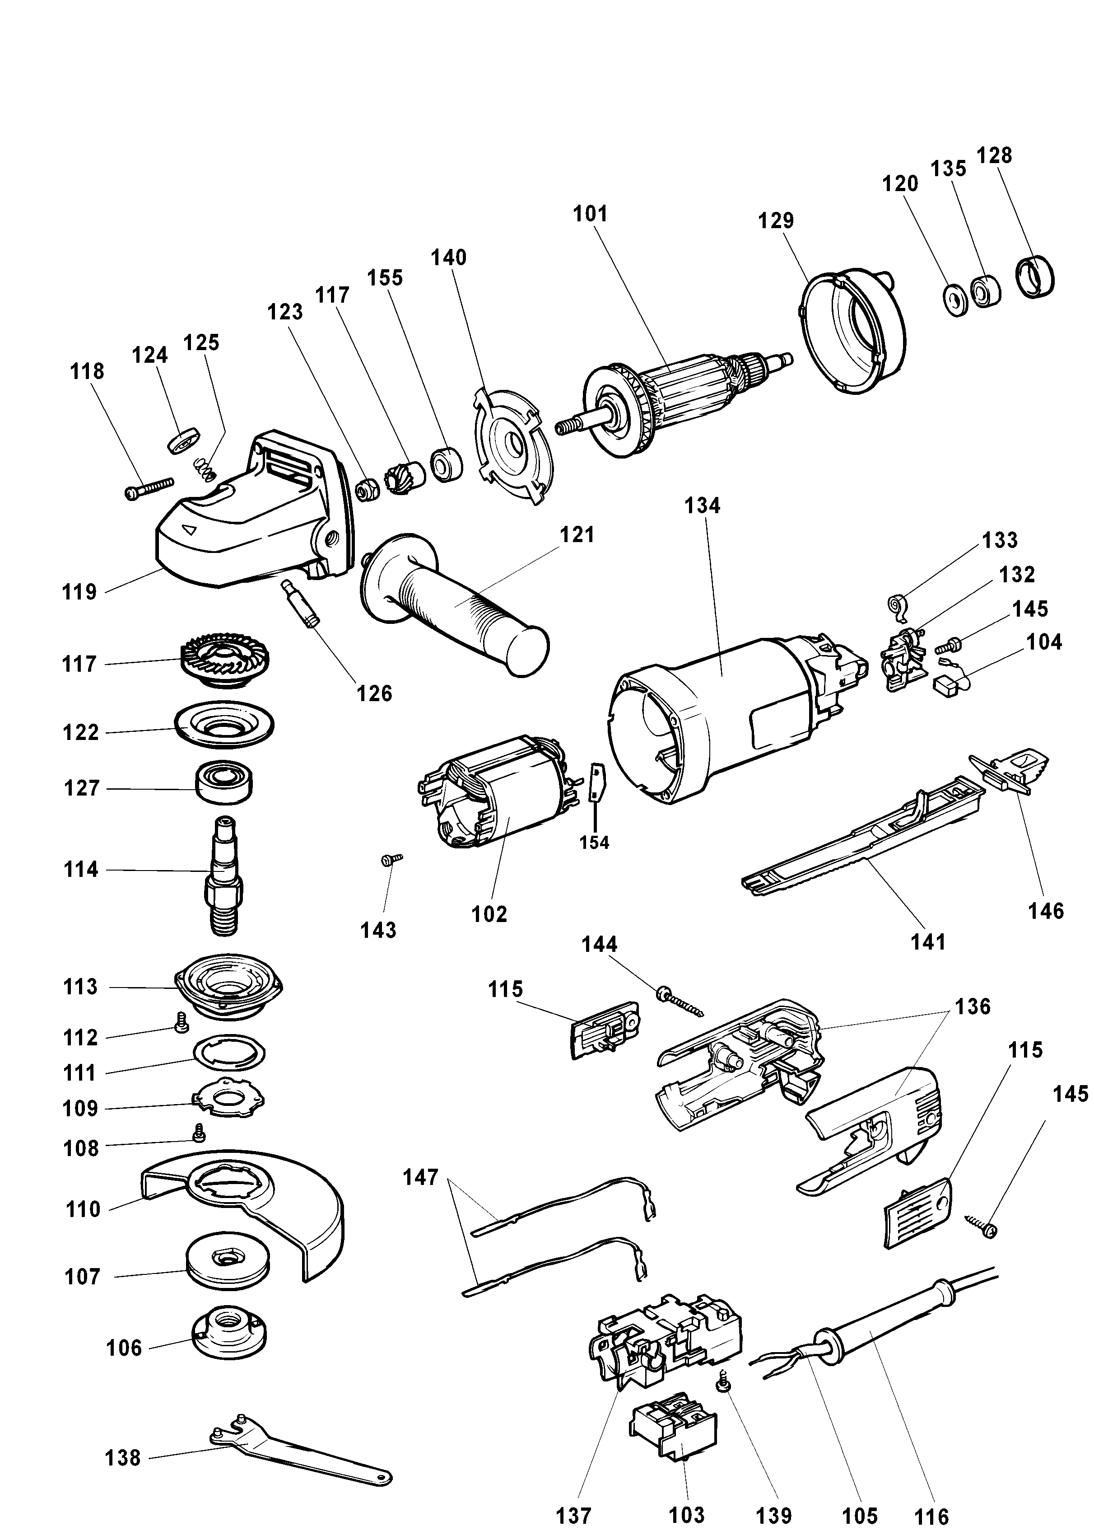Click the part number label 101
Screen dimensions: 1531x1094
click(x=590, y=214)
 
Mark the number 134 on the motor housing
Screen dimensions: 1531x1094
click(x=702, y=506)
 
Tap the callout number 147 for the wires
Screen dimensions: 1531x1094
click(x=420, y=1177)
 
